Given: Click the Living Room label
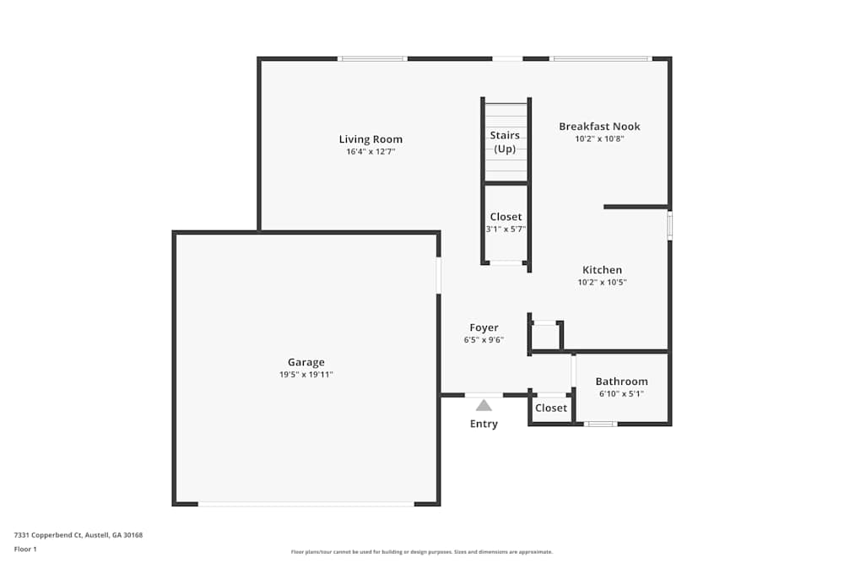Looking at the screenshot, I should click(x=371, y=139).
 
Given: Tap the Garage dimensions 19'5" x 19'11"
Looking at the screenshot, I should click(x=306, y=374).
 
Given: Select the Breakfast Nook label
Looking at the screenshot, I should click(x=599, y=127).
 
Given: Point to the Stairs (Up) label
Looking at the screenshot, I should click(x=505, y=142).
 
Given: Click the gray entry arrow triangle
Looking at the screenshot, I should click(x=484, y=405).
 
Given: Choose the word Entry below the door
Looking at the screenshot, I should click(x=484, y=424).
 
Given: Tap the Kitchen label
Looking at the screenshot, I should click(x=602, y=270).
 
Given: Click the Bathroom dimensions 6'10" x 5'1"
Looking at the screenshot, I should click(x=621, y=393).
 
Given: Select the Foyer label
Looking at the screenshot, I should click(x=484, y=328).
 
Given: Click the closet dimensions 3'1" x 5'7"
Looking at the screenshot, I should click(x=506, y=229).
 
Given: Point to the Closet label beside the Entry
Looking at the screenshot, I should click(x=551, y=409).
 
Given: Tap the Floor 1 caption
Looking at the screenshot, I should click(x=25, y=549).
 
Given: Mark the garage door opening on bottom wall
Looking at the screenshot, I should click(x=306, y=504).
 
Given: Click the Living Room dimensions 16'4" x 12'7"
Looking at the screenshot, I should click(x=371, y=152).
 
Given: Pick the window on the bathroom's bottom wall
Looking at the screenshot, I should click(x=600, y=424).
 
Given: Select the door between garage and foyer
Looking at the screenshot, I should click(x=439, y=275).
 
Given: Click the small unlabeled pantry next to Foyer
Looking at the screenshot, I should click(x=546, y=337).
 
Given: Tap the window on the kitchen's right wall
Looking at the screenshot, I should click(x=669, y=225).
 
